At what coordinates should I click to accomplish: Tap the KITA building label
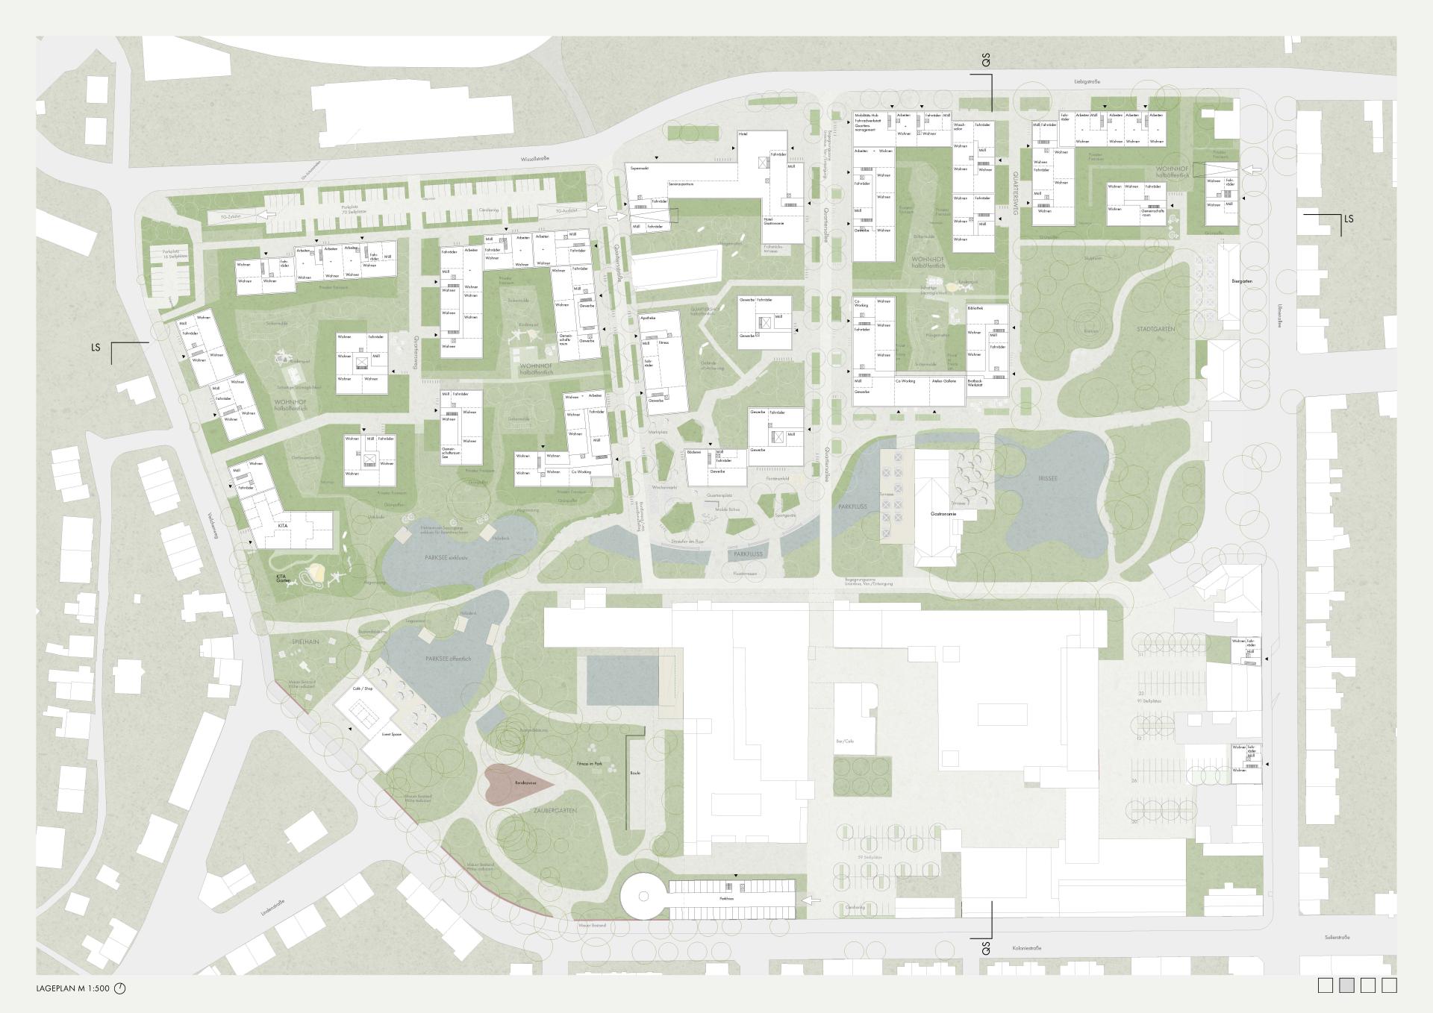tap(282, 526)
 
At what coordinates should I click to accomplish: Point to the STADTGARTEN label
tap(1156, 328)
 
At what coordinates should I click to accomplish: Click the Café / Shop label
tap(363, 689)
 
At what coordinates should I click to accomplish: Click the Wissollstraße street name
tap(536, 159)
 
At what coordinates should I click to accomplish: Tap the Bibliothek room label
tap(975, 308)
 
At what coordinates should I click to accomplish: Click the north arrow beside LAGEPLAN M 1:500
tap(120, 988)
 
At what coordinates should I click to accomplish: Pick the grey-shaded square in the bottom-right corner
tap(1346, 985)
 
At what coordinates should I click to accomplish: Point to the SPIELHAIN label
tap(305, 642)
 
